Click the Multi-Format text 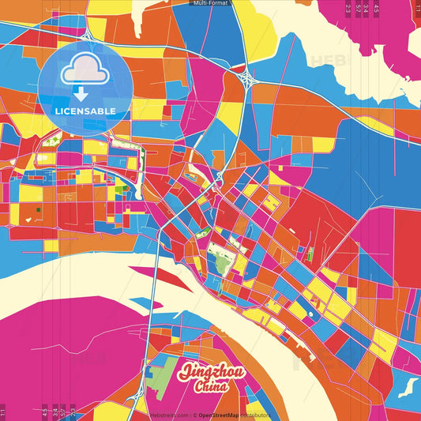210,3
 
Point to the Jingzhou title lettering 213,372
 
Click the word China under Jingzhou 213,387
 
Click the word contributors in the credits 258,415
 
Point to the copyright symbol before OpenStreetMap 195,415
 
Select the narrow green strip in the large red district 311,254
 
